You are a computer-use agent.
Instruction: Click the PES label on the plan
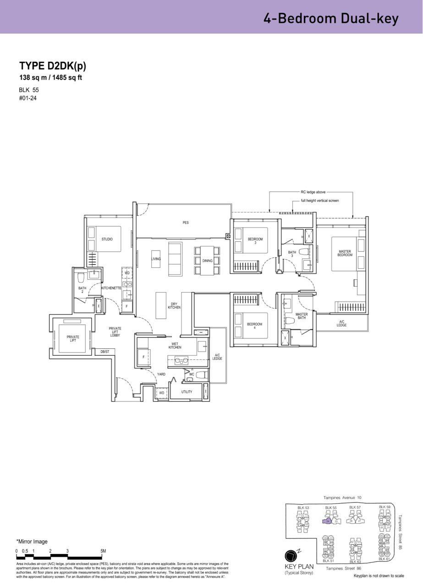tap(186, 223)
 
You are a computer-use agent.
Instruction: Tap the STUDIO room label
tap(107, 239)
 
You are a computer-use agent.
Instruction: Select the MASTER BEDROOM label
tap(345, 253)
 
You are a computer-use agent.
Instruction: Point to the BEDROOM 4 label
tap(254, 326)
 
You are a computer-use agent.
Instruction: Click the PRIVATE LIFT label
tap(73, 339)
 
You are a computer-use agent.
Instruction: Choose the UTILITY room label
tap(187, 392)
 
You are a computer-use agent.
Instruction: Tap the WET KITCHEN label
tap(175, 346)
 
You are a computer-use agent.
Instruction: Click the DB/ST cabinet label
tap(104, 352)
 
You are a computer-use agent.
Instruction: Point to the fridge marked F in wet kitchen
tap(143, 357)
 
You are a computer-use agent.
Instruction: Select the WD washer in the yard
tap(161, 393)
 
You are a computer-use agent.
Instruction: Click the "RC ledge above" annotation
tap(313, 192)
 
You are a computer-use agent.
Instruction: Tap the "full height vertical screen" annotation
tap(320, 201)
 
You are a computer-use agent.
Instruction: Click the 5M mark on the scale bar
tap(103, 551)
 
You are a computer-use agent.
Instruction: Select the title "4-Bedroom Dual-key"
tap(331, 18)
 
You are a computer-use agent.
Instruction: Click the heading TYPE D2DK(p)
tap(53, 65)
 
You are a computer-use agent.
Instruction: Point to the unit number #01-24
tap(28, 98)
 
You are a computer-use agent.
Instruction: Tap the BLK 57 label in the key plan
tap(355, 508)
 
